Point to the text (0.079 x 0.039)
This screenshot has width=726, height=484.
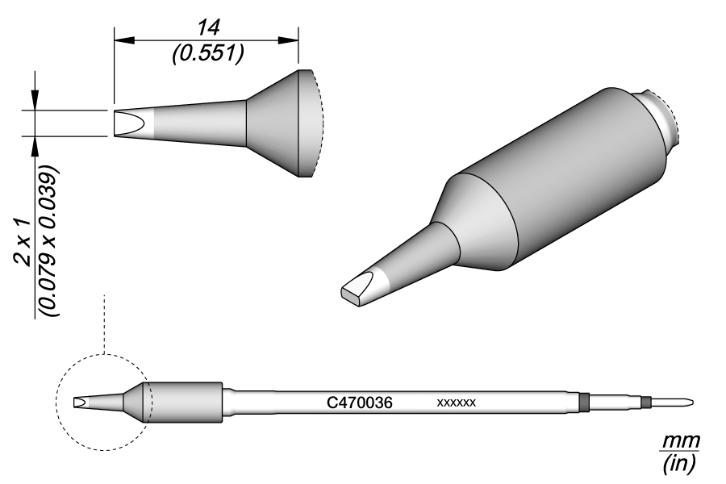[x=50, y=242]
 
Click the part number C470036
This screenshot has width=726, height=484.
[x=359, y=402]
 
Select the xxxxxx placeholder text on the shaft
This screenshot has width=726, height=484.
[x=457, y=402]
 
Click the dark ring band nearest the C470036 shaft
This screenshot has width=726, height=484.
[x=585, y=401]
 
